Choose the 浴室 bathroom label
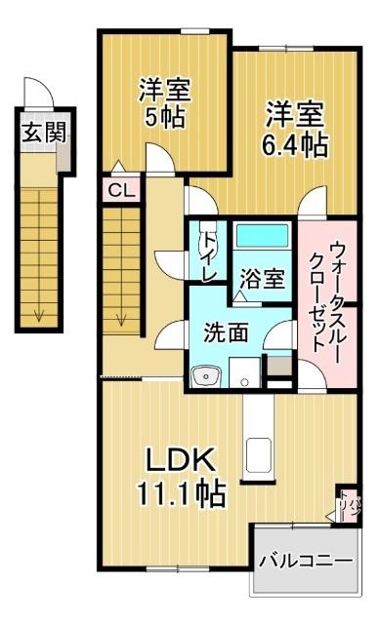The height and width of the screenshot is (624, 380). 264,279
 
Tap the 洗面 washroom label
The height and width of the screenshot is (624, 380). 225,331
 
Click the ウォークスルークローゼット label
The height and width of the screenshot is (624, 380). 321,296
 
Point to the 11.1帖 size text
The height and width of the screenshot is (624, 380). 180,495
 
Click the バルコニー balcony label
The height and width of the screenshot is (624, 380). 305,563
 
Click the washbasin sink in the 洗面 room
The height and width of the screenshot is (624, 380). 204,374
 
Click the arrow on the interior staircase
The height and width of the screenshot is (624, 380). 123,317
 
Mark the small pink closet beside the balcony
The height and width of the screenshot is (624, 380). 348,503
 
